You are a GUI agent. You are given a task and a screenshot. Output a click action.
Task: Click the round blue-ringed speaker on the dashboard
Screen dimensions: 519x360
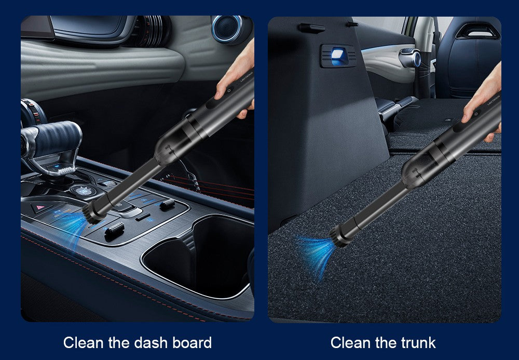tap(228, 29)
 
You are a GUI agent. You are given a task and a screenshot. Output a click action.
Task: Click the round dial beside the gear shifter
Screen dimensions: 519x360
tap(83, 191)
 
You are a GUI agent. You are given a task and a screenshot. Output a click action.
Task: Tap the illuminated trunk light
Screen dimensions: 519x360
tap(338, 55)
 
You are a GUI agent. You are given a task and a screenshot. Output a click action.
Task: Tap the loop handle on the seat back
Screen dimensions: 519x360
tap(477, 32)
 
